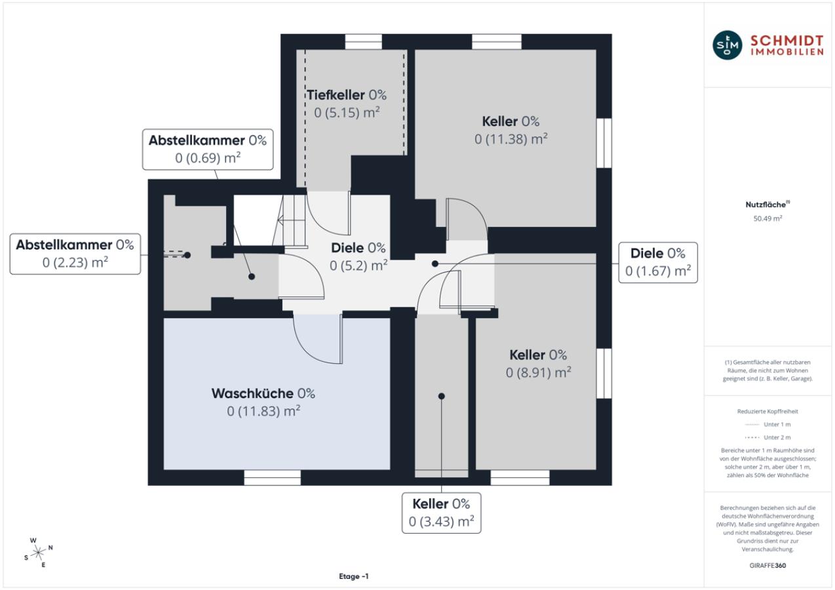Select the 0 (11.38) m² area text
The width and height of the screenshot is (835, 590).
(x=511, y=139)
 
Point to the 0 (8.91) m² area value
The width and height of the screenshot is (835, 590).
(x=539, y=372)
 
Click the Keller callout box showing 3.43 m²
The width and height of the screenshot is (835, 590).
(x=441, y=513)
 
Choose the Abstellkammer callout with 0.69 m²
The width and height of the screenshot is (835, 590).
(x=208, y=149)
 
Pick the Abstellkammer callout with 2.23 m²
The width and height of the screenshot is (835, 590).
(x=75, y=254)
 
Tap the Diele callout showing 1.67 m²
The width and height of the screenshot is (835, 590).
(x=658, y=263)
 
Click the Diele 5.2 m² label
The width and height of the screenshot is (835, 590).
(x=359, y=256)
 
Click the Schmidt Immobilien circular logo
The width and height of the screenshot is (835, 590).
(x=727, y=45)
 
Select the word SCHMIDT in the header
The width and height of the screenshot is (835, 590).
(x=786, y=40)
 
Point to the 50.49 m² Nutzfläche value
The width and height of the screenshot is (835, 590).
(x=767, y=218)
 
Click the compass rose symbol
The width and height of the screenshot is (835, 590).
(x=39, y=553)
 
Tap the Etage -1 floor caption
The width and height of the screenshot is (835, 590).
(x=354, y=576)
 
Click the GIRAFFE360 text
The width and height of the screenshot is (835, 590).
(x=767, y=565)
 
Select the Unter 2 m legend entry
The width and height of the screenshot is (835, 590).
(x=767, y=437)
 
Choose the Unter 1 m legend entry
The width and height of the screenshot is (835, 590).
(x=767, y=424)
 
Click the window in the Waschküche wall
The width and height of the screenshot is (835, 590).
(x=273, y=478)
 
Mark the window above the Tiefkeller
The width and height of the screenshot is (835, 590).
(x=364, y=42)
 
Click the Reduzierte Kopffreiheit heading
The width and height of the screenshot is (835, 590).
(x=767, y=411)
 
